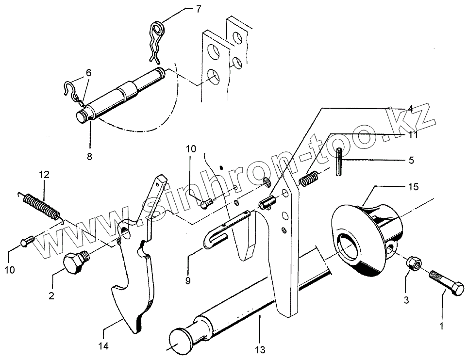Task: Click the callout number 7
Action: (198, 10)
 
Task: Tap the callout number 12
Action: (44, 175)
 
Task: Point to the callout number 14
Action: (104, 346)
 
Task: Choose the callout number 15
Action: (412, 187)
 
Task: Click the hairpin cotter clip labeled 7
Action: (156, 41)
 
